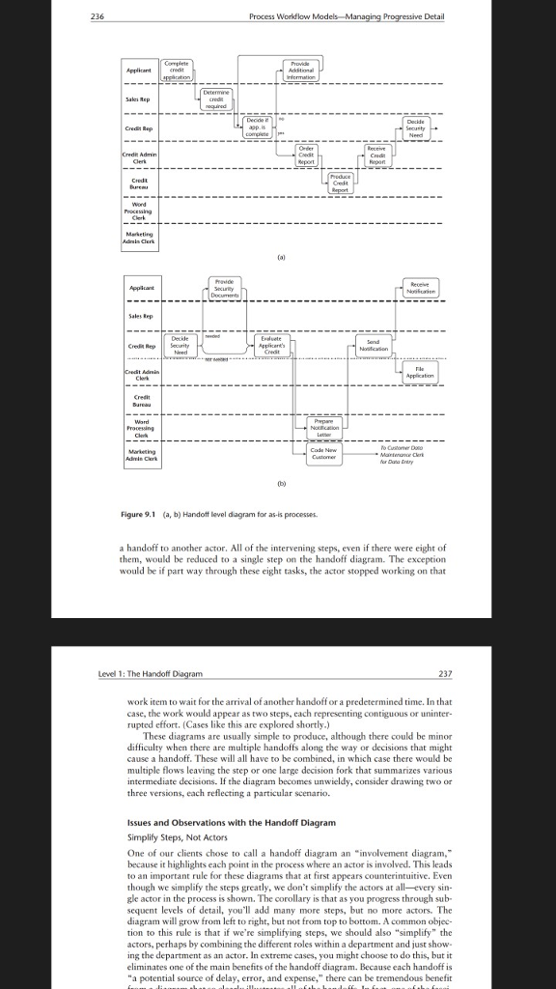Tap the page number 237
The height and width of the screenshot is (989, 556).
pos(444,673)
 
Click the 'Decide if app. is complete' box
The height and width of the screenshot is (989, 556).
pos(257,127)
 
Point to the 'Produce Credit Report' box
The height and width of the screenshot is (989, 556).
pos(341,183)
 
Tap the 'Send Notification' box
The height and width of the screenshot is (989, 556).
pos(378,345)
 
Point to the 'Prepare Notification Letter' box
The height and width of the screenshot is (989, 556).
pos(325,428)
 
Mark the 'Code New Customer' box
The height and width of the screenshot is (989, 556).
pos(325,454)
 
